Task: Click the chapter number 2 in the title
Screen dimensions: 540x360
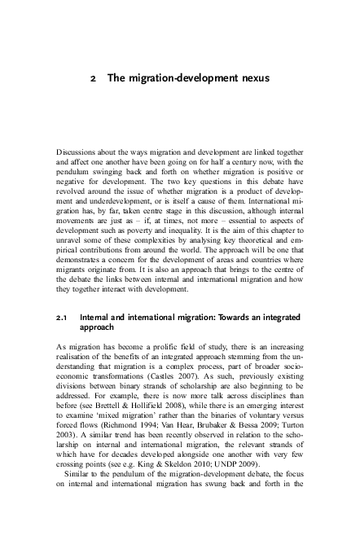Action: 94,78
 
